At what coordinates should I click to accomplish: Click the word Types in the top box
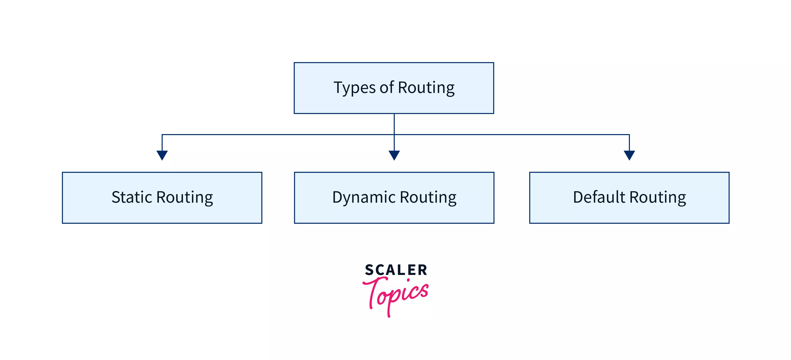[x=354, y=88]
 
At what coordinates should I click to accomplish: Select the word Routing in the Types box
[x=426, y=88]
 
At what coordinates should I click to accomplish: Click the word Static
[x=132, y=197]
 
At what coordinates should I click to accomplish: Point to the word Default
[x=599, y=197]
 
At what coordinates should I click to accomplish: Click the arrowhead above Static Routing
[x=162, y=155]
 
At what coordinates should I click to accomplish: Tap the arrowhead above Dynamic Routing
[x=394, y=155]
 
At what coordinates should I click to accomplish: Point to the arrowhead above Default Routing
[x=629, y=155]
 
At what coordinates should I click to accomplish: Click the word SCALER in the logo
[x=396, y=270]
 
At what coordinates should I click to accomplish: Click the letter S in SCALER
[x=369, y=270]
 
